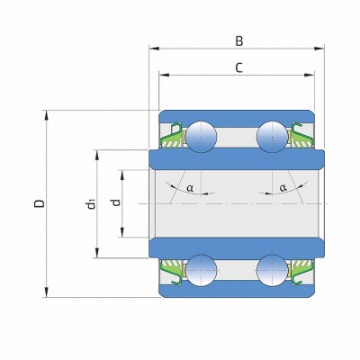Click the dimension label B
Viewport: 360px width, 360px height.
pos(238,41)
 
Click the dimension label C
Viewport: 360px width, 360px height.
pos(238,67)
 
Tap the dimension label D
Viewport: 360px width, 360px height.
pos(40,203)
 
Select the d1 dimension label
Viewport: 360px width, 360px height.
pos(91,204)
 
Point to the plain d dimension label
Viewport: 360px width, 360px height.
pos(116,203)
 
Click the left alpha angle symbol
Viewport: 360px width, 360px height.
pos(190,188)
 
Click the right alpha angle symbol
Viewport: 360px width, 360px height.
pos(283,188)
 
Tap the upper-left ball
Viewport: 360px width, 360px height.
pos(201,137)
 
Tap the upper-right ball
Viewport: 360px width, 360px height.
pos(273,137)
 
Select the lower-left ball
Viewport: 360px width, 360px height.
pos(201,270)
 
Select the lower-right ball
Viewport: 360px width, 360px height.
pos(273,270)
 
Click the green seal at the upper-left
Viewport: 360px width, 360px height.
pos(172,136)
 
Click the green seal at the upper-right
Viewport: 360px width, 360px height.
pos(301,136)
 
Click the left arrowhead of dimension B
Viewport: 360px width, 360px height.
pos(154,49)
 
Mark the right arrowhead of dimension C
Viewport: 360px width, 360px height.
pos(310,75)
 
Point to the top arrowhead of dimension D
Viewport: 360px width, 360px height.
pos(46,115)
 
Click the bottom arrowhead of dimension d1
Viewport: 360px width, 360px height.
pos(97,253)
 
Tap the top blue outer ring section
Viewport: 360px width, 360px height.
pos(237,119)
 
